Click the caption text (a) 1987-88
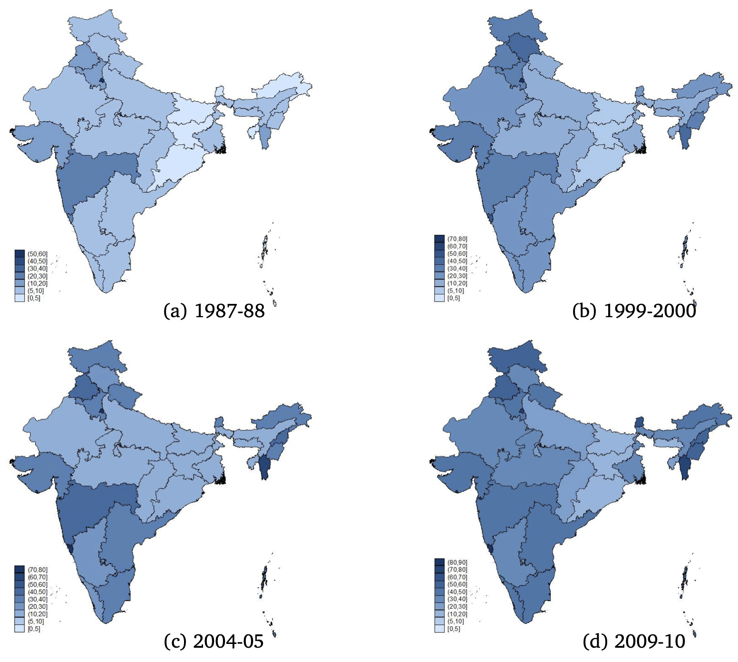214,311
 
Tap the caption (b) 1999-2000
634,311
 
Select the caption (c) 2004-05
214,642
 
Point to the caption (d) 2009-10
634,642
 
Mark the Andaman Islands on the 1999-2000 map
684,250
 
